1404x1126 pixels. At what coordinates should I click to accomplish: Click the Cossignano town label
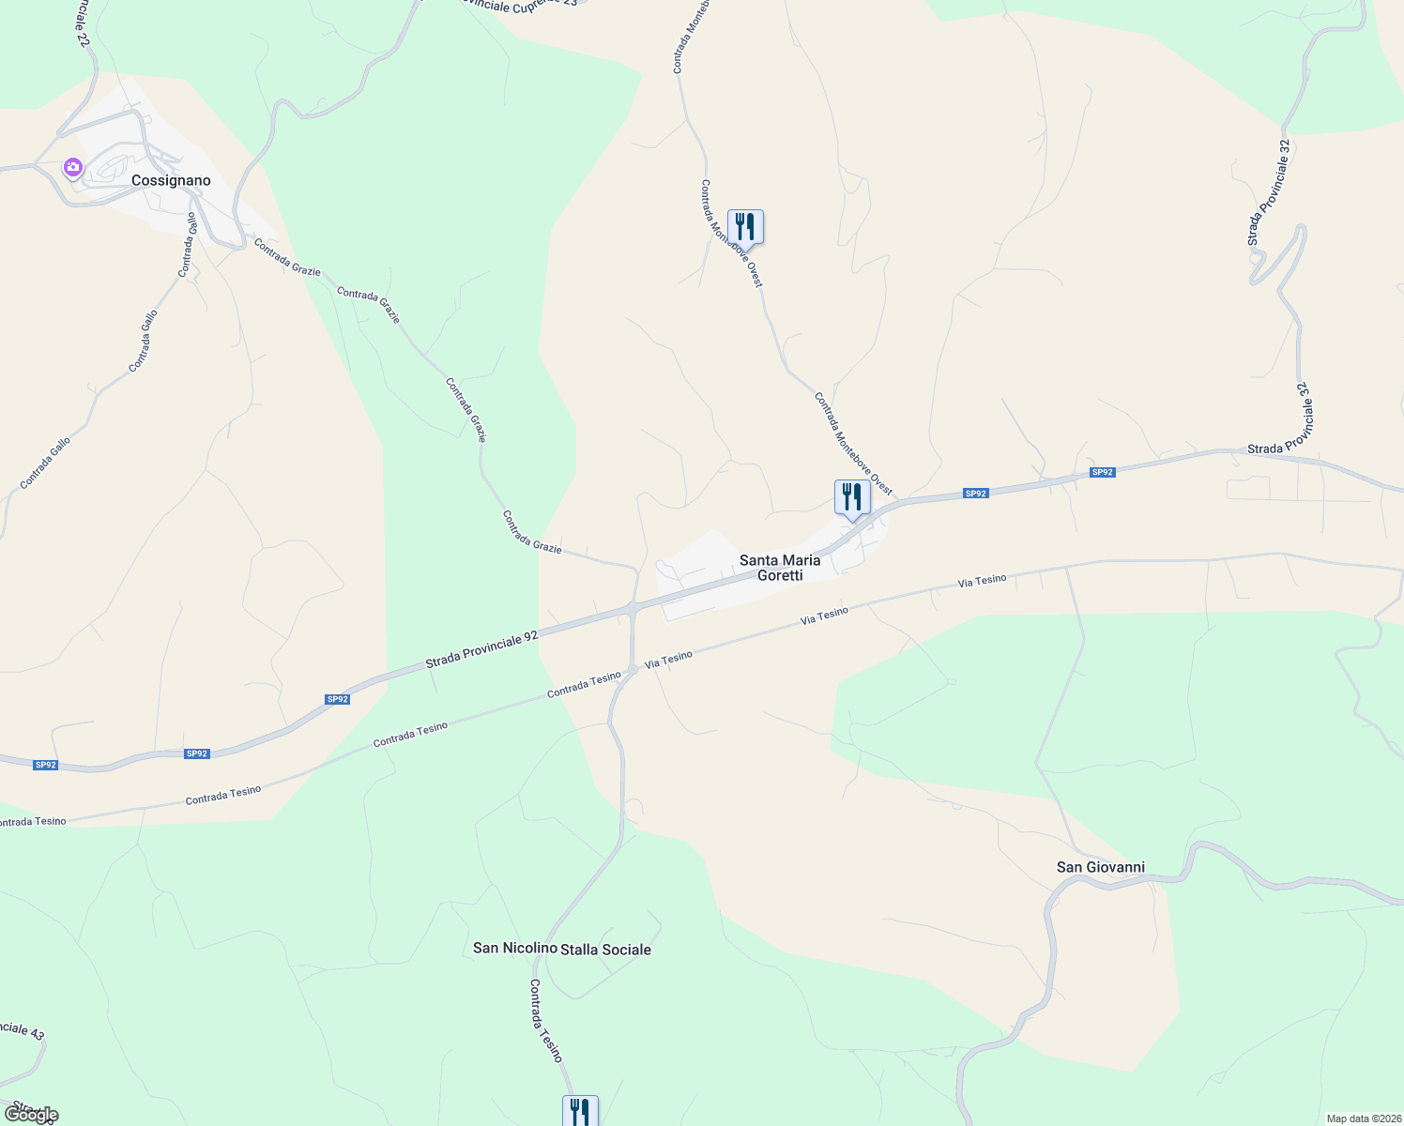tap(171, 180)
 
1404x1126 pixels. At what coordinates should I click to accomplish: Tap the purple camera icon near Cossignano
tap(72, 168)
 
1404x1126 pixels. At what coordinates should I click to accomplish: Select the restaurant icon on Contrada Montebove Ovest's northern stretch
tap(745, 227)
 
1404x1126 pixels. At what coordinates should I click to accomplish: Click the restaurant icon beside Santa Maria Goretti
tap(852, 497)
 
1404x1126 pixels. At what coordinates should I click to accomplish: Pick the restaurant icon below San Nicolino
tap(580, 1112)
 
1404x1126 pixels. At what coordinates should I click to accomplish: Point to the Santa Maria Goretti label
tap(780, 568)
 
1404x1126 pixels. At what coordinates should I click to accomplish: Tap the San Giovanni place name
tap(1101, 867)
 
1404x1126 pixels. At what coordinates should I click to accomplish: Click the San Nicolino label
tap(514, 948)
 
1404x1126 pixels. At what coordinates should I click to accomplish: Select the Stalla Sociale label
tap(605, 950)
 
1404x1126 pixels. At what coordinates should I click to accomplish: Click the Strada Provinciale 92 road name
tap(481, 649)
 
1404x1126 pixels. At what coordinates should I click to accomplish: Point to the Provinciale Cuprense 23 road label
tap(521, 4)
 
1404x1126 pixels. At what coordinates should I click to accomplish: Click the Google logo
tap(31, 1115)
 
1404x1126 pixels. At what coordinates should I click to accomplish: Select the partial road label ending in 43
tap(21, 1030)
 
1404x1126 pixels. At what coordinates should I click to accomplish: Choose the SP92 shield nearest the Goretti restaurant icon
tap(976, 494)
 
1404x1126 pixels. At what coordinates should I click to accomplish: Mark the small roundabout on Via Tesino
tap(633, 668)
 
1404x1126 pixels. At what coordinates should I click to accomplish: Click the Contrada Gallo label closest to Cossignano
tap(188, 245)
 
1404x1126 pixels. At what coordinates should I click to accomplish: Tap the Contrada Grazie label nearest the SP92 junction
tap(531, 532)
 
